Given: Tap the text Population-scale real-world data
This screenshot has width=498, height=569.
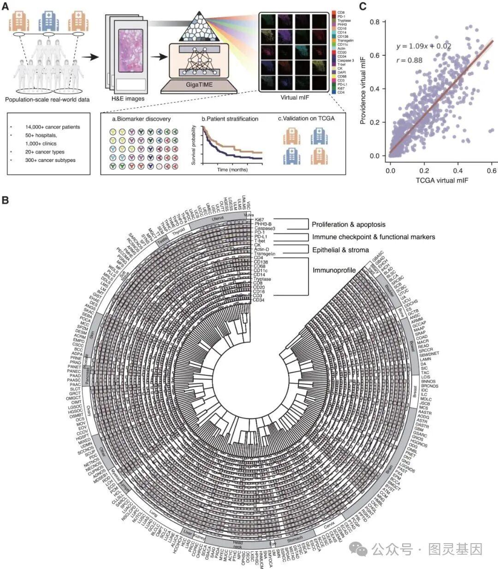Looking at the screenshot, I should click(47, 99).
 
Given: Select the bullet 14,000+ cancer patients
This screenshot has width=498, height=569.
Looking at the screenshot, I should click(53, 127).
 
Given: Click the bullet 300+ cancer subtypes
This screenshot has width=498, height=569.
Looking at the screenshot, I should click(50, 160).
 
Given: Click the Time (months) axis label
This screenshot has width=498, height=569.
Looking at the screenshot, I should click(232, 169).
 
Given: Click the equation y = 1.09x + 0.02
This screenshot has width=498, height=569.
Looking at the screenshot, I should click(423, 46).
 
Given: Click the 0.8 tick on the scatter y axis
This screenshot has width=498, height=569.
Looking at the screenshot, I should click(380, 22).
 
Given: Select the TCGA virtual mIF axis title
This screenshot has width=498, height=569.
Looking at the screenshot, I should click(443, 180).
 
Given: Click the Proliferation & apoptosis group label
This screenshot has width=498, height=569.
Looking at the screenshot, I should click(348, 225).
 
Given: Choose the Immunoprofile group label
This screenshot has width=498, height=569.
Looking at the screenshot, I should click(334, 270).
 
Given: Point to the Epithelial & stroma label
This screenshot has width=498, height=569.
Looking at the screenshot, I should click(340, 250).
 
